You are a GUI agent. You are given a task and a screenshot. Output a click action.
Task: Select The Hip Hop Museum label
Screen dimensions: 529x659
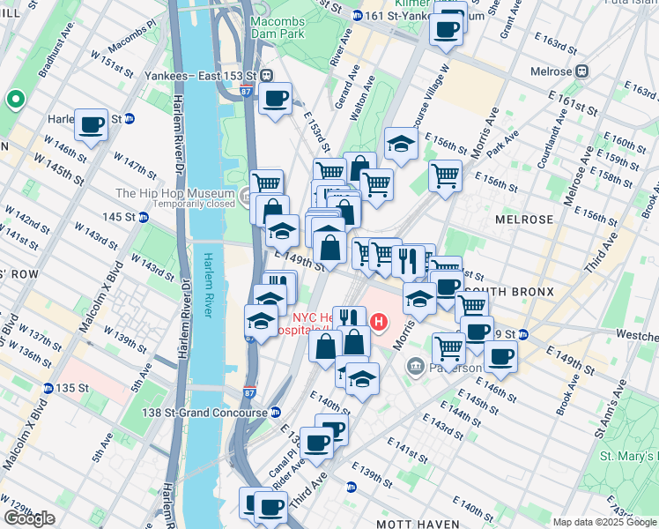click(x=174, y=194)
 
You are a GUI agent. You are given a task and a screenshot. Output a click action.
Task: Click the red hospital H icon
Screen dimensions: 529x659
click(x=380, y=323)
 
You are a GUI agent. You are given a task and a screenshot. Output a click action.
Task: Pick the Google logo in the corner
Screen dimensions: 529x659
click(x=29, y=518)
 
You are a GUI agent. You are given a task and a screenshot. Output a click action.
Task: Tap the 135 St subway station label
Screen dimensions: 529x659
click(x=68, y=388)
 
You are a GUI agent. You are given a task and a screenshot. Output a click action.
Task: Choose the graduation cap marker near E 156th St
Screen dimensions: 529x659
click(x=400, y=145)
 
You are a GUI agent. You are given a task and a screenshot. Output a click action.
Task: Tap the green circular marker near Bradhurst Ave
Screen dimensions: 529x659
click(x=15, y=100)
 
